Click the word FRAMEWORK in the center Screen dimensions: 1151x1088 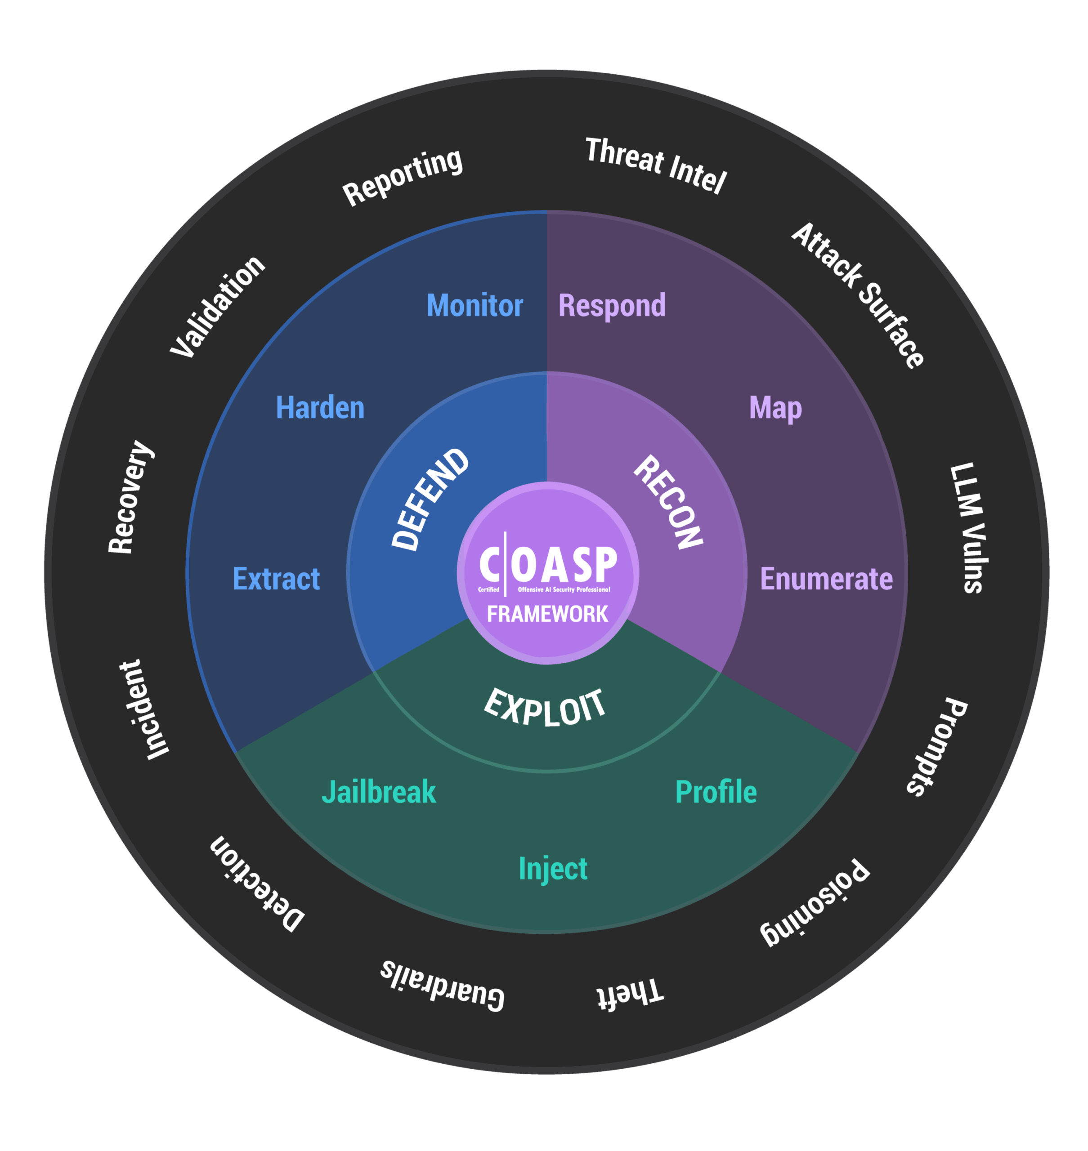(547, 613)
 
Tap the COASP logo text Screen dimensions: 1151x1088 (548, 564)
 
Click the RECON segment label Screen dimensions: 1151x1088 (668, 502)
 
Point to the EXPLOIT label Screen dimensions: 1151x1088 (545, 707)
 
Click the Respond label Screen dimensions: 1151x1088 (612, 306)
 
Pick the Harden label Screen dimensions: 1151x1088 (320, 408)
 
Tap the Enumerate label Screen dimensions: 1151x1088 (826, 579)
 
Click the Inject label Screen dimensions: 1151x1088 (553, 869)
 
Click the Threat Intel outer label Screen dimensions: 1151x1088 (656, 165)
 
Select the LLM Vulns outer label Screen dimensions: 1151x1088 (967, 528)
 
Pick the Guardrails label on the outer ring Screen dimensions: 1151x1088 (443, 985)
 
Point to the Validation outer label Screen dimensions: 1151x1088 (218, 306)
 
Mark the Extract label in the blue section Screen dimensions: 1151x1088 (276, 579)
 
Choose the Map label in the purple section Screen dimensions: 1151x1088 (775, 408)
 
